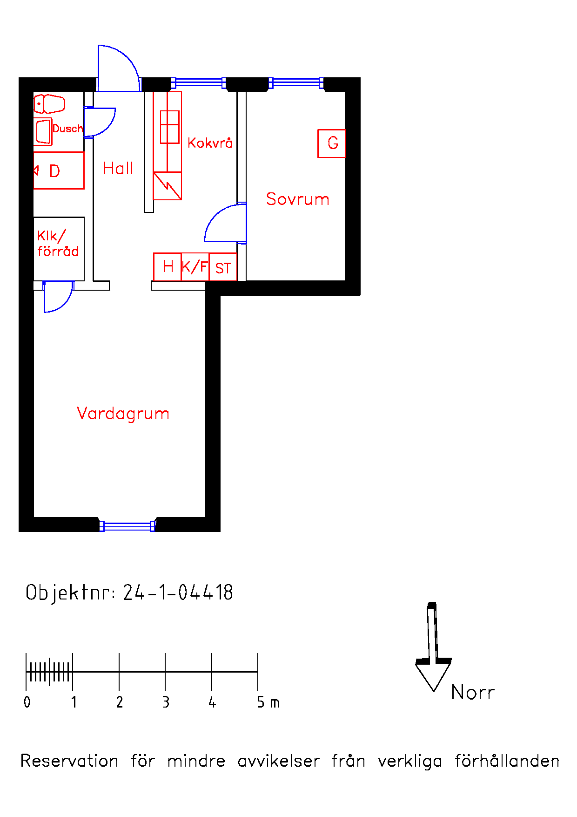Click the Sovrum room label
297,199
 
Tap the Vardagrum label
123,414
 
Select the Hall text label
118,168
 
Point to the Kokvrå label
210,143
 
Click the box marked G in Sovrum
332,143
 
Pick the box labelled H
168,267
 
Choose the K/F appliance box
195,267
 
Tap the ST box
223,267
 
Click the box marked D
59,170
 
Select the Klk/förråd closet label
58,244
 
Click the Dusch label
67,129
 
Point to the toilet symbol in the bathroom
49,104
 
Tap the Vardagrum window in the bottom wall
127,526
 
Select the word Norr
473,693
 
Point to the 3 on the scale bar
166,702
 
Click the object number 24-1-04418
178,592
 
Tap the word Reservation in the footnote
69,761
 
